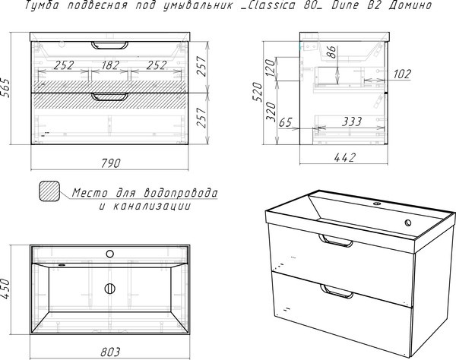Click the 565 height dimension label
tap(6, 88)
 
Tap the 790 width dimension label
tap(110, 163)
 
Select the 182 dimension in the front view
tap(110, 65)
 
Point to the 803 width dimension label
tap(110, 352)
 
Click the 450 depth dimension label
tap(6, 289)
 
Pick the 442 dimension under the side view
tap(344, 157)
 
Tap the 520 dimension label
tap(258, 92)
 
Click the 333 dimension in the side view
tap(351, 122)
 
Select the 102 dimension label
tap(402, 74)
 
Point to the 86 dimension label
tap(332, 52)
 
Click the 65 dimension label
tap(285, 122)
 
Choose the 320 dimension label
tap(271, 112)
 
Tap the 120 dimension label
tap(270, 68)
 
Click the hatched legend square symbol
tap(49, 191)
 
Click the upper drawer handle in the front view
tap(109, 46)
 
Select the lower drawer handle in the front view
tap(109, 97)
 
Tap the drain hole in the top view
tap(109, 289)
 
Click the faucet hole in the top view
tap(109, 254)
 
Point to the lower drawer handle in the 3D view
tap(337, 292)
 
